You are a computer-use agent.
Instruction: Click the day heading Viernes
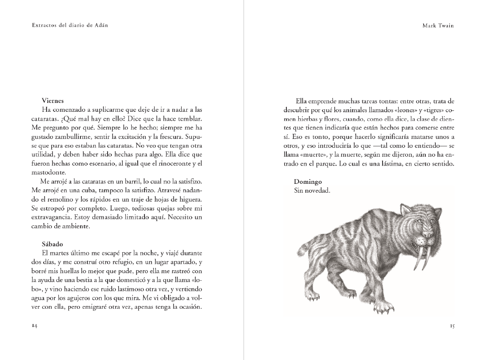point(53,101)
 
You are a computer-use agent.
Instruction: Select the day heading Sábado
point(52,244)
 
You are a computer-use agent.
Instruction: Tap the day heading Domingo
point(308,182)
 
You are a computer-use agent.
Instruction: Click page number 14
point(35,326)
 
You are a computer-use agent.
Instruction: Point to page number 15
point(452,326)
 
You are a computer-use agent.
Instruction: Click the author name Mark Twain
point(438,25)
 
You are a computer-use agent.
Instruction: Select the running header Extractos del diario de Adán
point(70,25)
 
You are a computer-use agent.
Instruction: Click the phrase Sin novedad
point(312,191)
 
